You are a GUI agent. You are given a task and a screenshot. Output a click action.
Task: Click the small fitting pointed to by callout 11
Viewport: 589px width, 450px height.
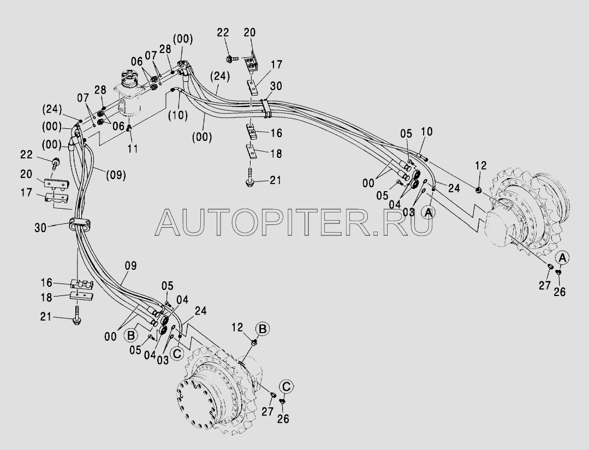pos(129,129)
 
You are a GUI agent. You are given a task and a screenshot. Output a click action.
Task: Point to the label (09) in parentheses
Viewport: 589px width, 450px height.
pos(116,175)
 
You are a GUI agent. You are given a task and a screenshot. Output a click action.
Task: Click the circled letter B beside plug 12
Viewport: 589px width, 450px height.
pos(263,329)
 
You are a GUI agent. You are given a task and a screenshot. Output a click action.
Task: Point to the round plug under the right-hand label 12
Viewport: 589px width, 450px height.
pos(478,190)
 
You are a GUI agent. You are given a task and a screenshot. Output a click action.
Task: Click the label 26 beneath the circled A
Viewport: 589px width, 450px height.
pos(559,292)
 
